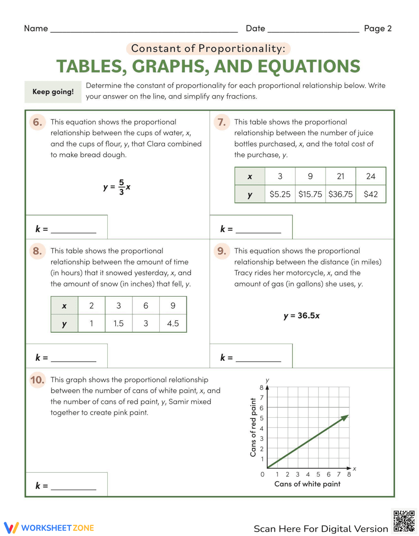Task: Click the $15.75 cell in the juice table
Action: coord(310,194)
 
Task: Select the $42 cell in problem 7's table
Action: coord(370,194)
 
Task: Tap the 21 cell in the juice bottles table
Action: coord(340,176)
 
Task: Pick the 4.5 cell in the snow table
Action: coord(173,324)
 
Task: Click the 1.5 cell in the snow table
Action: coord(119,324)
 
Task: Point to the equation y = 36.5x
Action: coord(301,316)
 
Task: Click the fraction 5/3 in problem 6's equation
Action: coord(121,187)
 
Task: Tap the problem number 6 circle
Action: coord(37,122)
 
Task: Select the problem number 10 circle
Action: coord(37,380)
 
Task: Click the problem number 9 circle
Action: coord(221,251)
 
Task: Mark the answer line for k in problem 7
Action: coord(258,232)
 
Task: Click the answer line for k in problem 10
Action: coord(73,489)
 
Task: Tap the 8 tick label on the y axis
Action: coord(262,388)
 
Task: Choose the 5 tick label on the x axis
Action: coord(318,474)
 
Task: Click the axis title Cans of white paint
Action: coord(307,484)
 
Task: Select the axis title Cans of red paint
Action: coord(253,427)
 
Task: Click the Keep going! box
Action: coord(53,92)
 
